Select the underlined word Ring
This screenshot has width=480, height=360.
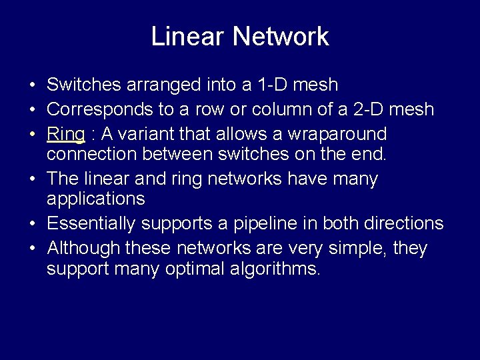(65, 134)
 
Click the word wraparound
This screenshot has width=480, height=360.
(337, 134)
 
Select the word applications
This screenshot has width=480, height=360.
(95, 199)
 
